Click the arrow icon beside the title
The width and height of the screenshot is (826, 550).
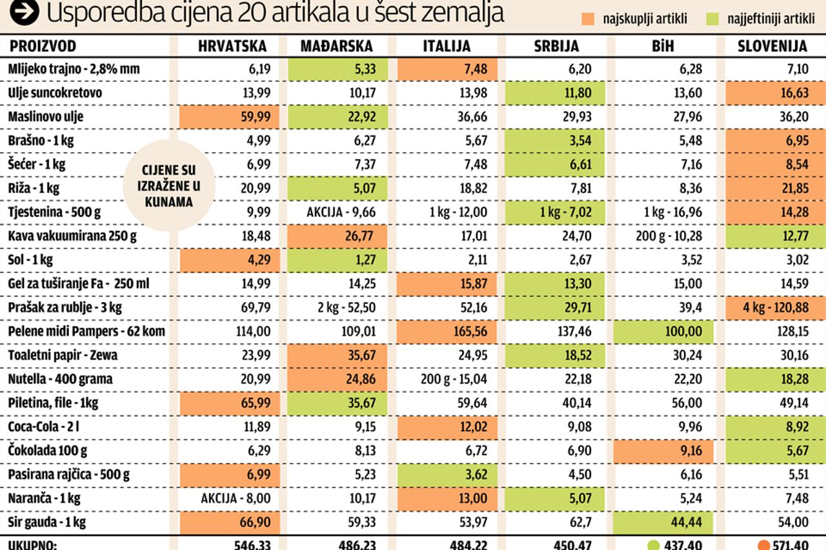[23, 12]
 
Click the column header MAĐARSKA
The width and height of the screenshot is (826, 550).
[336, 46]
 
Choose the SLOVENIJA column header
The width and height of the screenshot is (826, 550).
[772, 46]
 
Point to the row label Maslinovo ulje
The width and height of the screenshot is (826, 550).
[46, 117]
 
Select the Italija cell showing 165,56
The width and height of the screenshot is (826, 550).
[448, 332]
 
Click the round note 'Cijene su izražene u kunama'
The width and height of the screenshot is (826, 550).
[168, 185]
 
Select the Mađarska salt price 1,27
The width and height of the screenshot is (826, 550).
[336, 260]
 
